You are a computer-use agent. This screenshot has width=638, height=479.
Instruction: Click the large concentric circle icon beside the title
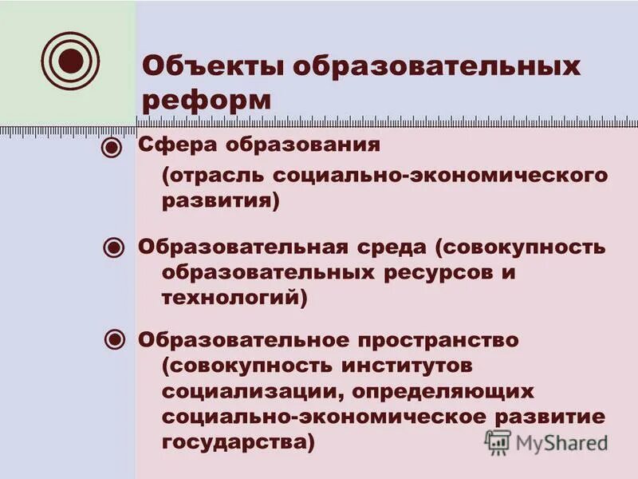(69, 61)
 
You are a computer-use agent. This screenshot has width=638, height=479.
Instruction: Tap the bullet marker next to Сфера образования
(113, 148)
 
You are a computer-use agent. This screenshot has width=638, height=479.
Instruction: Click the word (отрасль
(211, 175)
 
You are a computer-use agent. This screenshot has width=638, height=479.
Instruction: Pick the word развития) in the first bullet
(221, 201)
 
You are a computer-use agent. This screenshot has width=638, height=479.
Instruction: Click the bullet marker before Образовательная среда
(113, 247)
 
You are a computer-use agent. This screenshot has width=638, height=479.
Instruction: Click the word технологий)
(234, 298)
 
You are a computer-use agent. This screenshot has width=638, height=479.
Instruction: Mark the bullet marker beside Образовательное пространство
(115, 340)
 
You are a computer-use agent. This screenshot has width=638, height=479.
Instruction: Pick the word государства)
(238, 442)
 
